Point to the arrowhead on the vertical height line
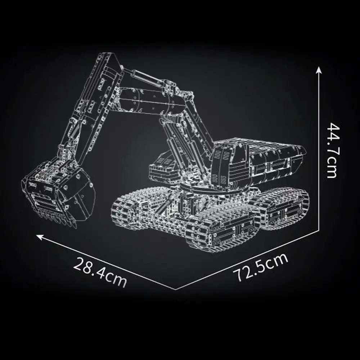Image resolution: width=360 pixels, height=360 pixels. pyautogui.click(x=319, y=69)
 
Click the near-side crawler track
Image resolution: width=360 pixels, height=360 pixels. pyautogui.click(x=187, y=220)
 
